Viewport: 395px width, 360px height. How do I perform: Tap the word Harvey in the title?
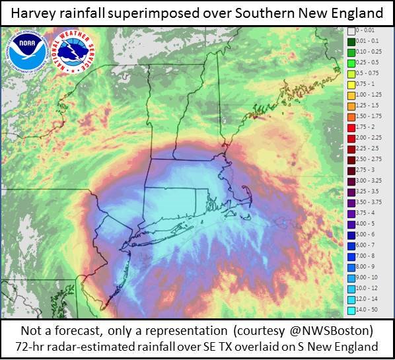click(36, 13)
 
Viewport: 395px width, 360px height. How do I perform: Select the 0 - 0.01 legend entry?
click(367, 31)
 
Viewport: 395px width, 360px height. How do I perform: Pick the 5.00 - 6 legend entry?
click(367, 234)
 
